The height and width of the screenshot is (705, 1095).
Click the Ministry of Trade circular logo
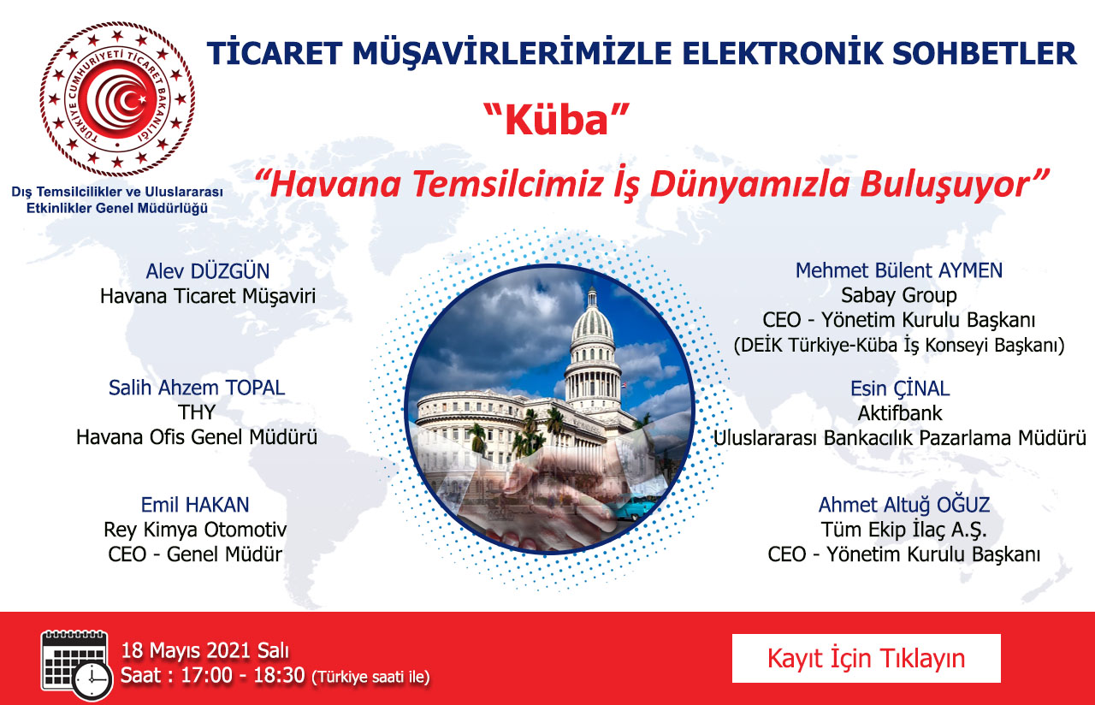[117, 99]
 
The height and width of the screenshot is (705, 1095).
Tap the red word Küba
[556, 121]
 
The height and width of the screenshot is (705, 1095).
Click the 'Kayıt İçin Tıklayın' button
[867, 658]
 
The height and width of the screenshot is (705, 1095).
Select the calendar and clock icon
[76, 665]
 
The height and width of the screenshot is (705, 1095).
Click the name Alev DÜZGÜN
[208, 271]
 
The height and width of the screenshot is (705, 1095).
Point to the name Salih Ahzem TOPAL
[197, 388]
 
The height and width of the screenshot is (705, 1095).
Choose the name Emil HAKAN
[195, 505]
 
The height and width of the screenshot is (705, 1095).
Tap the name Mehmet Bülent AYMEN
[899, 270]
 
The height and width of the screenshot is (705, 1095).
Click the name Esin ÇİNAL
[900, 388]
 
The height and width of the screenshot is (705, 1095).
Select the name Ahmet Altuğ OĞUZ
[904, 505]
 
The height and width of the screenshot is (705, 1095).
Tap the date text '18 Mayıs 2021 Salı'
[205, 651]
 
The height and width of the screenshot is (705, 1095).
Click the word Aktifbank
[900, 413]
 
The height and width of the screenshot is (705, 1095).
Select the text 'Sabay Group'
[899, 295]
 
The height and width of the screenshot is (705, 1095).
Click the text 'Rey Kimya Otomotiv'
[195, 530]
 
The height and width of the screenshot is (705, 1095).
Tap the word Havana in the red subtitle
[335, 184]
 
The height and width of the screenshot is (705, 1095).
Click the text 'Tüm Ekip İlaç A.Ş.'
[904, 530]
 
